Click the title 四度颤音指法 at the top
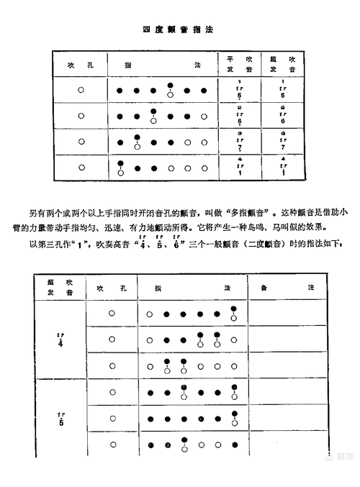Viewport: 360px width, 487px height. click(x=179, y=29)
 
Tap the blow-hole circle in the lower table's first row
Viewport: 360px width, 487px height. click(x=112, y=314)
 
